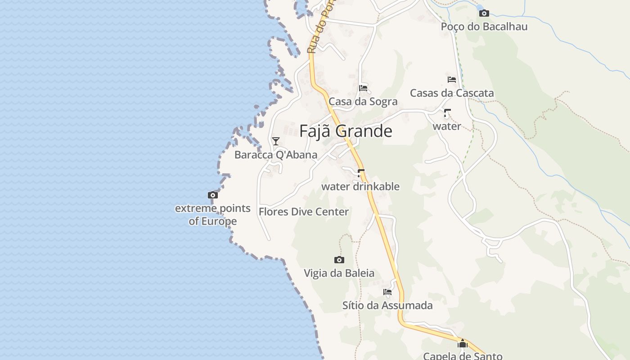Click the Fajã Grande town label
coord(346,131)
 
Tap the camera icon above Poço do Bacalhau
coord(484,13)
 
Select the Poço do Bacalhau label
coord(484,27)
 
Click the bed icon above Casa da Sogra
coord(363,88)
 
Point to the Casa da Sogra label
coord(363,101)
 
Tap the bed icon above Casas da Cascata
coord(452,80)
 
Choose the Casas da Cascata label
coord(452,93)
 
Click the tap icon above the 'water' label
coord(447,113)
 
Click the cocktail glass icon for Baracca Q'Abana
coord(276,141)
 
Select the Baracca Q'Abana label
coord(276,155)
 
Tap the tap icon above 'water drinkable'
coord(360,173)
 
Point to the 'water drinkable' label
coord(360,186)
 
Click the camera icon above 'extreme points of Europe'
coord(213,195)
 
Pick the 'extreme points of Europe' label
coord(213,215)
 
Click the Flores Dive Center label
coord(304,211)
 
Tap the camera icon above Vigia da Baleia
coord(339,260)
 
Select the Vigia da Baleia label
coord(339,273)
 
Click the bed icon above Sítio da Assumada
coord(387,292)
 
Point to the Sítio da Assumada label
coord(387,306)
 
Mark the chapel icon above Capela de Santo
coord(463,344)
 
